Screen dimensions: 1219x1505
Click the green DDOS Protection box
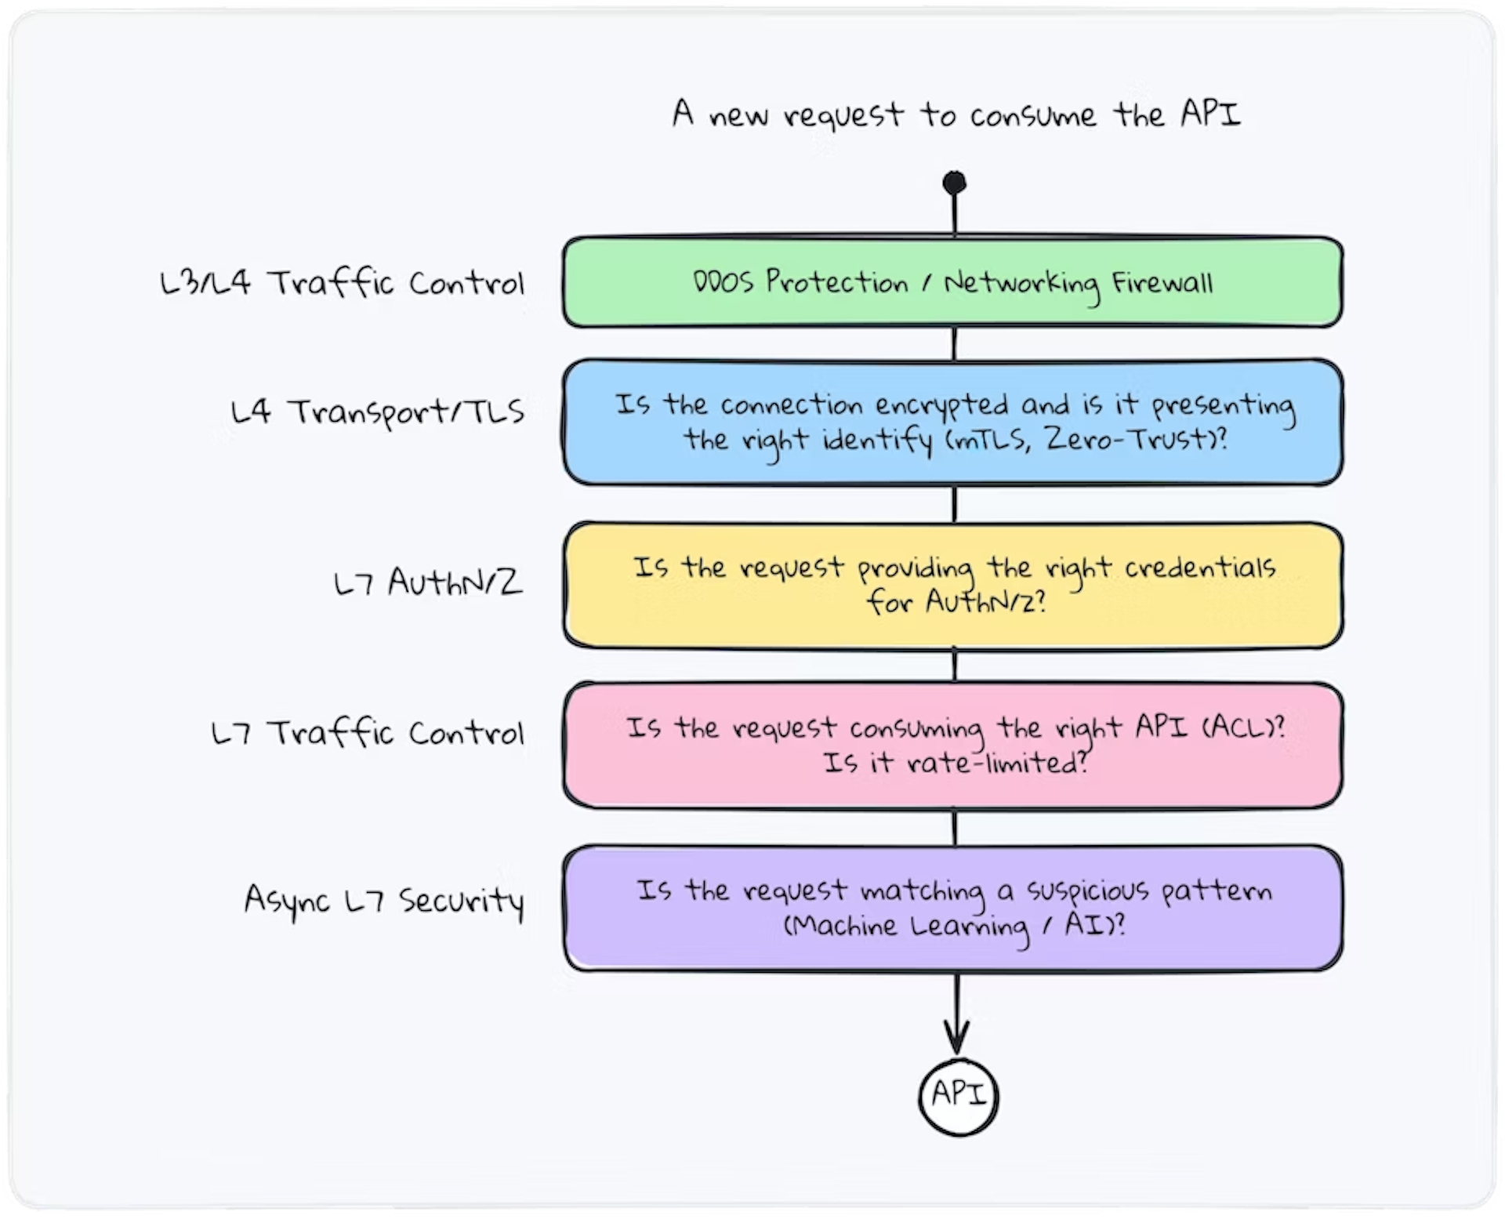(x=952, y=282)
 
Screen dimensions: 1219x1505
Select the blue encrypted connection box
(x=952, y=422)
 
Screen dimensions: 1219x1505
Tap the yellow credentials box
(x=952, y=585)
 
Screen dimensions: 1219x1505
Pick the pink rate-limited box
(x=952, y=745)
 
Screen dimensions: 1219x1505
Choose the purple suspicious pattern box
(x=952, y=908)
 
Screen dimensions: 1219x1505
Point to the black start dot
(x=954, y=183)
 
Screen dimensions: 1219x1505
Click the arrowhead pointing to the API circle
(x=956, y=1039)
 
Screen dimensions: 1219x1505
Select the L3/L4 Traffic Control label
(x=342, y=282)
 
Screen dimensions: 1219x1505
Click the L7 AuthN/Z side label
(x=428, y=582)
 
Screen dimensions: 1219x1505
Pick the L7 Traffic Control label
(x=368, y=733)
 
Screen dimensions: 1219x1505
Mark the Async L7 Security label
(x=384, y=901)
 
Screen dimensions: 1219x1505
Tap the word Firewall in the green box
(x=1162, y=282)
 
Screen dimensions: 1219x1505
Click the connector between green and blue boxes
(x=954, y=343)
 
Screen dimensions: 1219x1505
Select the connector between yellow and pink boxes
(x=954, y=666)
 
